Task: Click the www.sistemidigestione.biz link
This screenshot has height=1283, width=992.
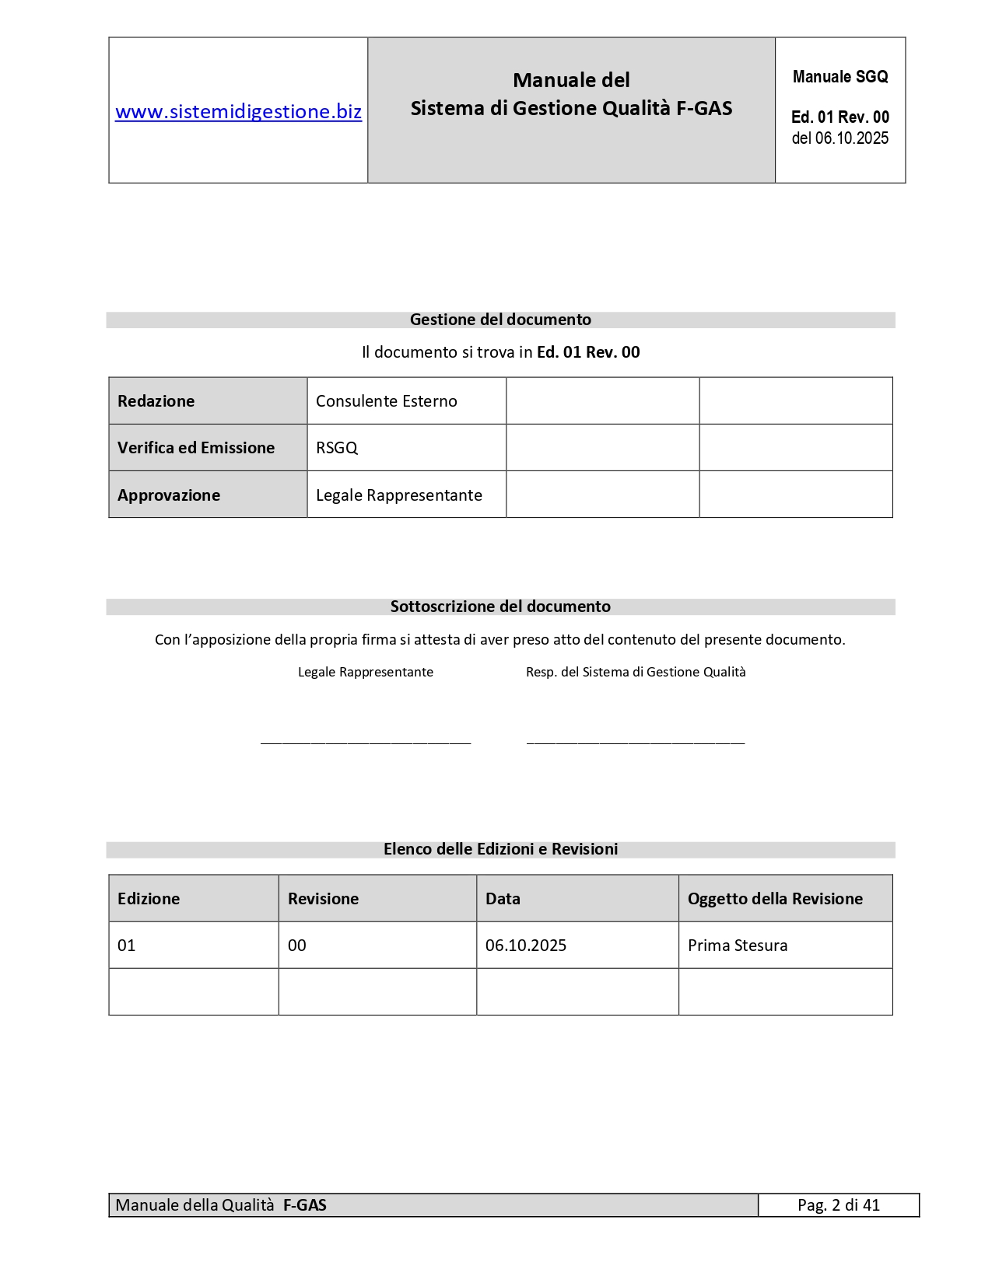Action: pos(238,112)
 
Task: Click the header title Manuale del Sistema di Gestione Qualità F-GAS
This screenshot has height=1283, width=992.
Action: pos(571,94)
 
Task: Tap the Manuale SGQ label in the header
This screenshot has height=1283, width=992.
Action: pos(840,77)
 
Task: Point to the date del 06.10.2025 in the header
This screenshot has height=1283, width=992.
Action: pos(840,138)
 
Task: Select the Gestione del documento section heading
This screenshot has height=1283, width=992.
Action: pos(500,320)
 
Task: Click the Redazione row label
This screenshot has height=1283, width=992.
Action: pos(156,401)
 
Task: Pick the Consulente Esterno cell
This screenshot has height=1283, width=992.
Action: pos(387,401)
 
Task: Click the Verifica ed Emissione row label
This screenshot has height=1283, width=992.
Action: pos(196,448)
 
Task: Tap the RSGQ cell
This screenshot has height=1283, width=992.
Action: pos(337,448)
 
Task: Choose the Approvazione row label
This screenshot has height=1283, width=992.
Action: pos(169,495)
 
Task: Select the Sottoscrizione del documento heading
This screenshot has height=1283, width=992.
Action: pos(500,607)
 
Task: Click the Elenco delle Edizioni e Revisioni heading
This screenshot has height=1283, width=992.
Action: pos(500,849)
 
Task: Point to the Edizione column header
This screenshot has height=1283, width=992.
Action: pos(149,899)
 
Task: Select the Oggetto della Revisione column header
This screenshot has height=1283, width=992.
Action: pos(775,899)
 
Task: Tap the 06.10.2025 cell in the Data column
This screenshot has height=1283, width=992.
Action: pos(526,946)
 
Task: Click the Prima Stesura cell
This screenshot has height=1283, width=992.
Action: pos(738,946)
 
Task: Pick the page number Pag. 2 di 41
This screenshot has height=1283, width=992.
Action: pos(839,1205)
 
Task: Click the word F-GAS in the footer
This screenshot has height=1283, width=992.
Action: pos(305,1205)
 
